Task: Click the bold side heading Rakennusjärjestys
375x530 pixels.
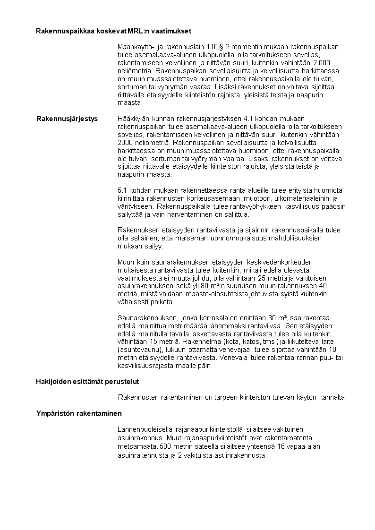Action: [x=67, y=119]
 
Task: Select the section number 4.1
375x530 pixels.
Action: [x=247, y=119]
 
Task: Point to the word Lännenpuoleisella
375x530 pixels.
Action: [x=145, y=429]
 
